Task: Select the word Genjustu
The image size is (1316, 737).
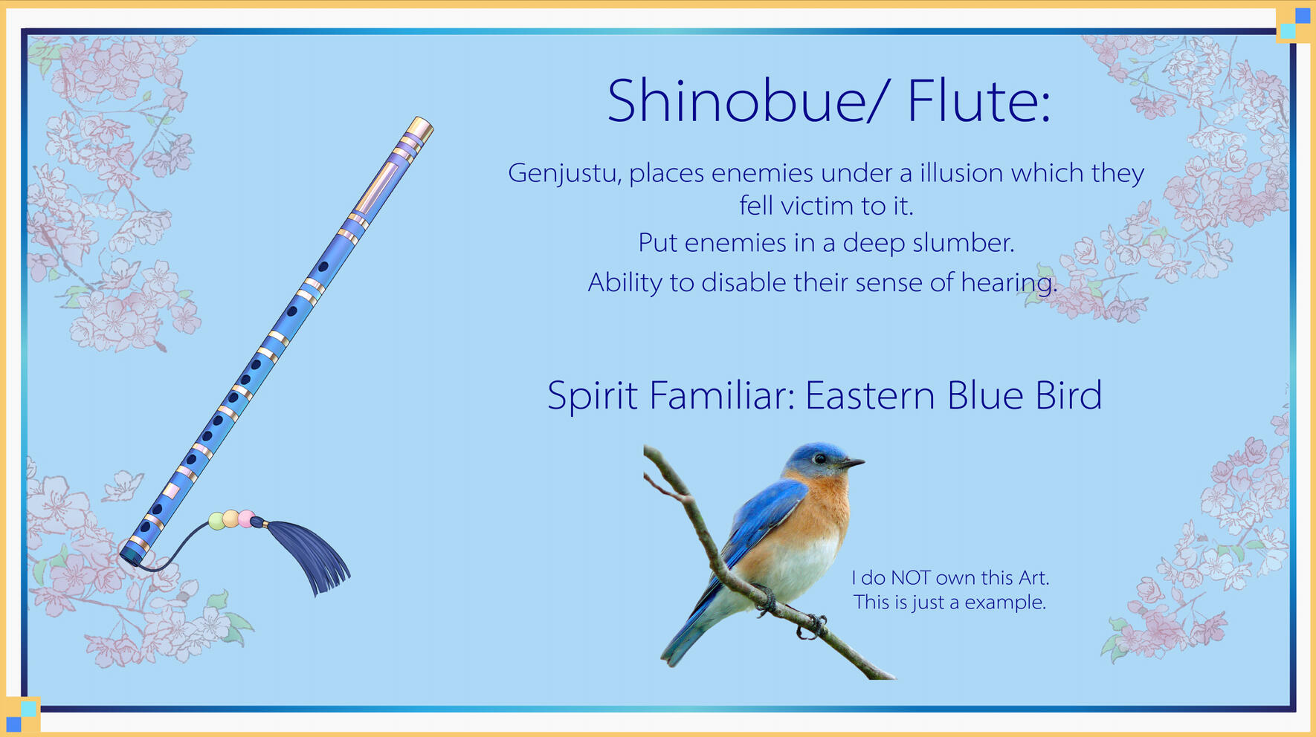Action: click(x=562, y=174)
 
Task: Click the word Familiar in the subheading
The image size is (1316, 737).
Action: click(x=717, y=395)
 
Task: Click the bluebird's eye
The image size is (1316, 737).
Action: click(x=819, y=459)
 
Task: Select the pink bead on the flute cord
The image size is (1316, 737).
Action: click(x=245, y=519)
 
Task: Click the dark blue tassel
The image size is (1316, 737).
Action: click(x=311, y=553)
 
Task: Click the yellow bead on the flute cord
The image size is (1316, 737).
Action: click(x=231, y=519)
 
